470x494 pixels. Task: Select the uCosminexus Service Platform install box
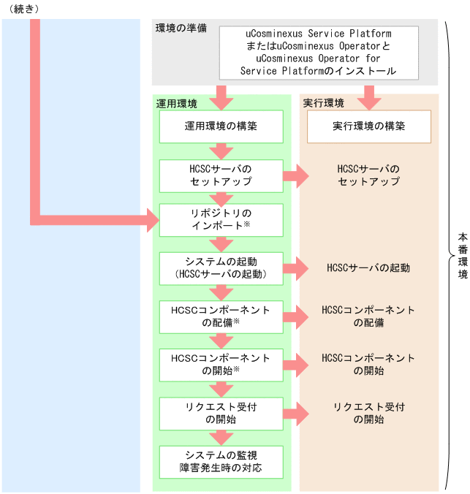pyautogui.click(x=319, y=53)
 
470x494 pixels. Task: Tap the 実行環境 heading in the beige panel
pyautogui.click(x=323, y=103)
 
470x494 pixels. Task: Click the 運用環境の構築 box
pyautogui.click(x=221, y=126)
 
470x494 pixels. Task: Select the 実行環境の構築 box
pyautogui.click(x=368, y=126)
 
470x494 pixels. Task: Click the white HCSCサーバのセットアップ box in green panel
pyautogui.click(x=221, y=175)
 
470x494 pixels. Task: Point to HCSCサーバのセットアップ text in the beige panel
pyautogui.click(x=368, y=175)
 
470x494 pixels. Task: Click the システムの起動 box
pyautogui.click(x=221, y=267)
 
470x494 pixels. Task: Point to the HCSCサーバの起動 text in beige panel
pyautogui.click(x=368, y=267)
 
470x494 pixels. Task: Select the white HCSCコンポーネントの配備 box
pyautogui.click(x=221, y=316)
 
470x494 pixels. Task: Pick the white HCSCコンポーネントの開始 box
pyautogui.click(x=221, y=364)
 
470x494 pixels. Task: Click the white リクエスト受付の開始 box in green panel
pyautogui.click(x=221, y=413)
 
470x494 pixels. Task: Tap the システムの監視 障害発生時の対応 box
pyautogui.click(x=221, y=460)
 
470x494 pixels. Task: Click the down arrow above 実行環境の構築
pyautogui.click(x=368, y=95)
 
